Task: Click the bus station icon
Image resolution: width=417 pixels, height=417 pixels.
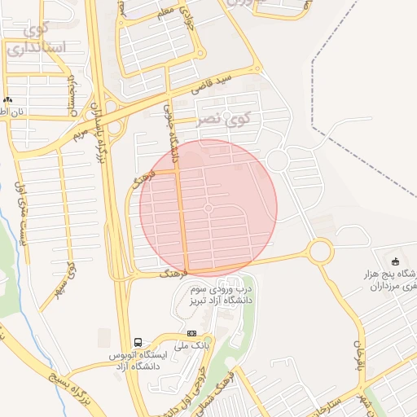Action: [x=138, y=343]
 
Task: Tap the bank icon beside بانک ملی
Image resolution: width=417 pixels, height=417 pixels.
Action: [x=191, y=333]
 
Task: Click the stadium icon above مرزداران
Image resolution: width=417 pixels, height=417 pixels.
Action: [x=396, y=261]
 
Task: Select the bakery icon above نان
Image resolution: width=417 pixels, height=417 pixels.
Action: [x=7, y=99]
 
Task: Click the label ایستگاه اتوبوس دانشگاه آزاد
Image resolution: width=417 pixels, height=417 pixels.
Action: [x=138, y=362]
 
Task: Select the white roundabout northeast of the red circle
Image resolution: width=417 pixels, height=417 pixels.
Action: [x=277, y=160]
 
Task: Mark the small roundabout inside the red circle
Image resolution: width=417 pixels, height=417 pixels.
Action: [x=208, y=209]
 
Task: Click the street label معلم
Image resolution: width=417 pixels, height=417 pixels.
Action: [x=167, y=11]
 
